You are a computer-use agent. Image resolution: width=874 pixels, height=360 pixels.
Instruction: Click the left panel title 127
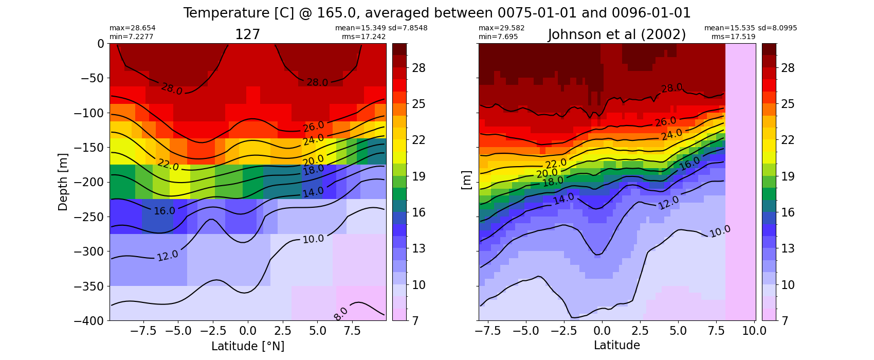click(247, 35)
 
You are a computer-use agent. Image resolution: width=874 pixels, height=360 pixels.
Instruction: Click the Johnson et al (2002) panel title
click(617, 35)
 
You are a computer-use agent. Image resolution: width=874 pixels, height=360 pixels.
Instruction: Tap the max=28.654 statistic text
click(132, 28)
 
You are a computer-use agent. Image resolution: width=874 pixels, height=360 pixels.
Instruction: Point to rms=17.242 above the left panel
click(363, 37)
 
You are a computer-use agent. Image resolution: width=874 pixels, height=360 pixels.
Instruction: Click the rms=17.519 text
click(734, 37)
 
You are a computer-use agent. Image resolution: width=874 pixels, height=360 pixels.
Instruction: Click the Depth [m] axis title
click(63, 182)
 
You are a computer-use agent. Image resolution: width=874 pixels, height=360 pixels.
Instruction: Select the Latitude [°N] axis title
click(248, 346)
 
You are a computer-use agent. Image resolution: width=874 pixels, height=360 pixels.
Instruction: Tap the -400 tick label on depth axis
click(89, 321)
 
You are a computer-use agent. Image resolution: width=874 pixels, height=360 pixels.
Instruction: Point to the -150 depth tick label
click(89, 148)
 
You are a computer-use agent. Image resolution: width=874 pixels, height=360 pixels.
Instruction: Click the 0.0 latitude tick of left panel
click(248, 331)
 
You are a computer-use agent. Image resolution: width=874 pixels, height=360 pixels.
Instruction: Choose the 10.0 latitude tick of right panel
click(754, 331)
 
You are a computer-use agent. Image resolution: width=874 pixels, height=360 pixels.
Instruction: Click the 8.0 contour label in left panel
click(341, 314)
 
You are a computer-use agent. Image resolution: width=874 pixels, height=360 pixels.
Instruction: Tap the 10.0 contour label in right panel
click(720, 231)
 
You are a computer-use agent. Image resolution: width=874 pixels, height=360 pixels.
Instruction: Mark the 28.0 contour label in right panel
click(671, 88)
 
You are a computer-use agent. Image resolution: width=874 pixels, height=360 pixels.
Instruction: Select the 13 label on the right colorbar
click(788, 248)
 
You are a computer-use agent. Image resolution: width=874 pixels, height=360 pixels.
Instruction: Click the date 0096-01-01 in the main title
click(651, 13)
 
